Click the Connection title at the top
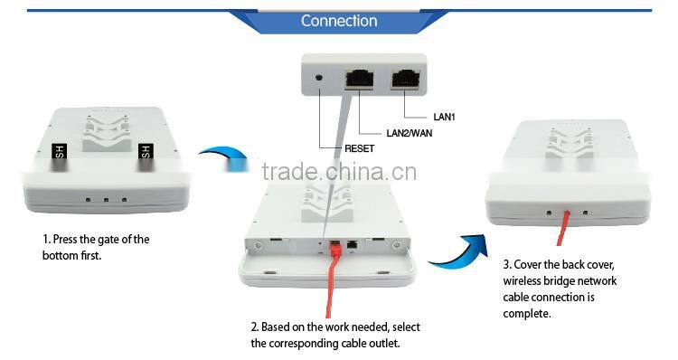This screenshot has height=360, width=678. (339, 20)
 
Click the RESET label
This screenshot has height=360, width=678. (359, 147)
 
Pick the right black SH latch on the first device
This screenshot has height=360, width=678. (144, 156)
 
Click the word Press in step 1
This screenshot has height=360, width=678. (68, 240)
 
